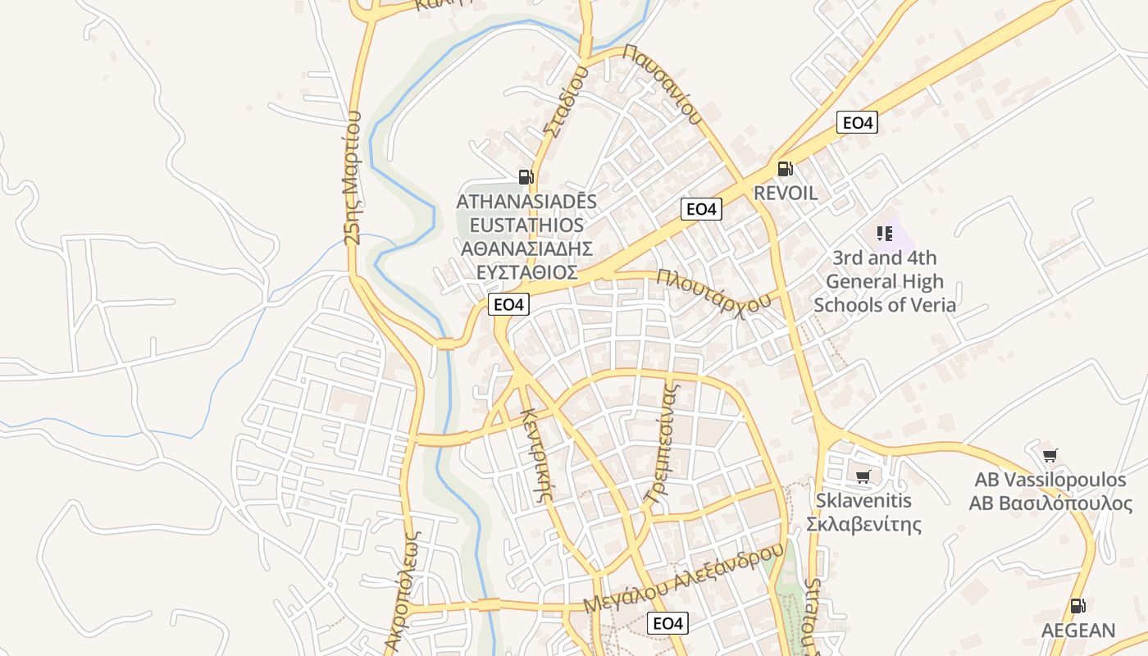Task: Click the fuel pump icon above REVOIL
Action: (785, 169)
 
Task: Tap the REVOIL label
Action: (786, 194)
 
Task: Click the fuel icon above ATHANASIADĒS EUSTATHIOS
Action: (526, 176)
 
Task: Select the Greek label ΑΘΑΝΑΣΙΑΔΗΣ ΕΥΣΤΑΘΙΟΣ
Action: (526, 261)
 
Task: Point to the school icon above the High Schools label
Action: (884, 234)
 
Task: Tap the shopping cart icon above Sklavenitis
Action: (863, 476)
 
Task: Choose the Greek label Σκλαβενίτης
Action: (864, 525)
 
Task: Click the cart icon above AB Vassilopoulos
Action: (1050, 455)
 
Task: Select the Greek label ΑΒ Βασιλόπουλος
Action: (1050, 503)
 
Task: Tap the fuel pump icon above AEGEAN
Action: (1077, 606)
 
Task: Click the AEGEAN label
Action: (1078, 631)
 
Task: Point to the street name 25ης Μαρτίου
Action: (353, 178)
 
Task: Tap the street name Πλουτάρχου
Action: (713, 291)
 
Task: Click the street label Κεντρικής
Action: (539, 453)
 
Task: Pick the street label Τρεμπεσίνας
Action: (663, 440)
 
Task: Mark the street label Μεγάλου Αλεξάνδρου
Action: (684, 577)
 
